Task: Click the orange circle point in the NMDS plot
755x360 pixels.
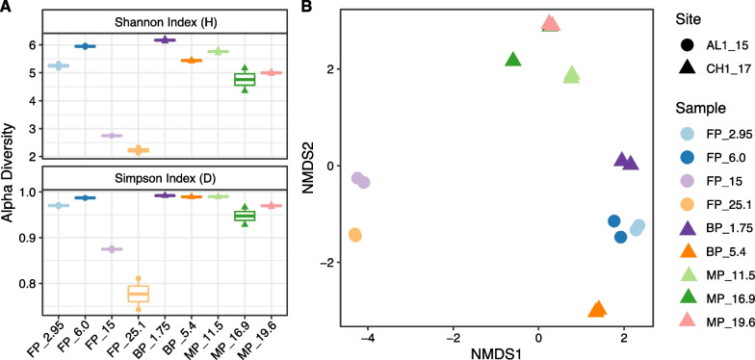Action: pyautogui.click(x=354, y=235)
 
